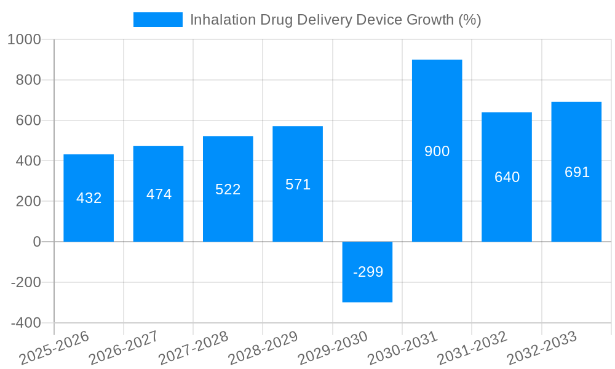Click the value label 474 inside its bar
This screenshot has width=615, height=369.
(159, 194)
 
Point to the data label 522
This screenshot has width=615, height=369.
(228, 189)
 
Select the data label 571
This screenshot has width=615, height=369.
(298, 184)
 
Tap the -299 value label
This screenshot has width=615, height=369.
(368, 272)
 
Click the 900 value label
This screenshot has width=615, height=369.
(437, 151)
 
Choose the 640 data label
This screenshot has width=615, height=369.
(507, 177)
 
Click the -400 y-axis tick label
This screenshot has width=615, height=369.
(26, 323)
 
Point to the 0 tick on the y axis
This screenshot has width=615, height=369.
(37, 242)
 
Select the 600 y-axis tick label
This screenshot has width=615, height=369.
(28, 121)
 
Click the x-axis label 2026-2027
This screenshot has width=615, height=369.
(124, 348)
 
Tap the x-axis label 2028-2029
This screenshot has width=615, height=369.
(263, 348)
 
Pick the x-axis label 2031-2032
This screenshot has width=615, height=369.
(472, 348)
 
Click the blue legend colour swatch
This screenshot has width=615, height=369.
(157, 20)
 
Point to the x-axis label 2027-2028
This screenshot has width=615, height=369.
(193, 348)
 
